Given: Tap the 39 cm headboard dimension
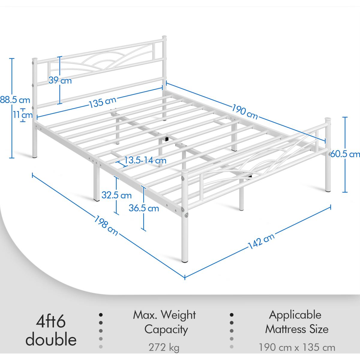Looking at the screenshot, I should click(x=60, y=80).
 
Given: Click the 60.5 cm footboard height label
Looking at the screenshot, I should click(x=347, y=154).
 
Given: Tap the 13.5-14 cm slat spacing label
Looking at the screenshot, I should click(x=145, y=160).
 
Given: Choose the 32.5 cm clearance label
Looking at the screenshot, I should click(x=116, y=195).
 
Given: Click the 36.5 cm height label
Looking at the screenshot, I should click(x=144, y=208).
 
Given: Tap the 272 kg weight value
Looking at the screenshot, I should click(x=164, y=348).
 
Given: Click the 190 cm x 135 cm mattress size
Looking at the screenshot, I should click(x=297, y=348).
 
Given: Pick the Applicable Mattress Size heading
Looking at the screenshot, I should click(x=297, y=322).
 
